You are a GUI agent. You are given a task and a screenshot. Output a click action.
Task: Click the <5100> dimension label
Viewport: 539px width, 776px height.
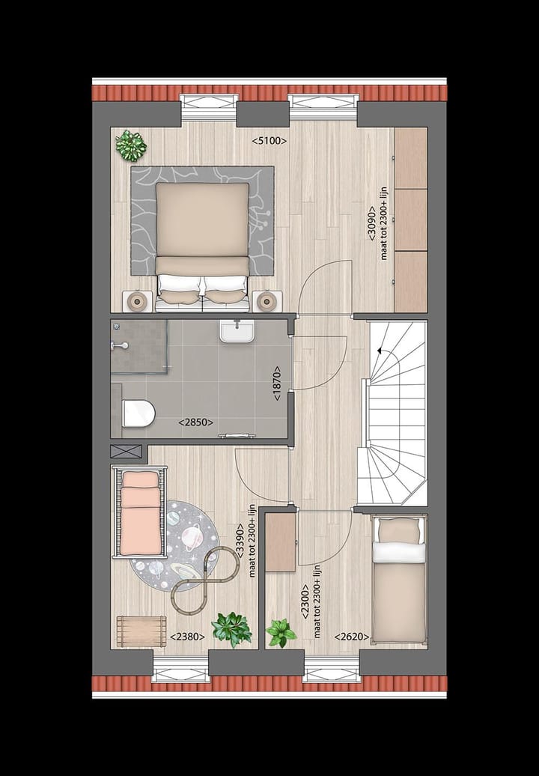(x=269, y=140)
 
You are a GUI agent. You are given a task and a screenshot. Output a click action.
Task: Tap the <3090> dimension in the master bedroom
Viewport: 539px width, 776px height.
(x=372, y=222)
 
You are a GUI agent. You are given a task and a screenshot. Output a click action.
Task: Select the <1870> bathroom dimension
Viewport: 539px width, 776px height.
(x=277, y=384)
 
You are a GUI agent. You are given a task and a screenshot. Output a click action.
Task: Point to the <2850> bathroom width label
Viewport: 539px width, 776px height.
(x=195, y=422)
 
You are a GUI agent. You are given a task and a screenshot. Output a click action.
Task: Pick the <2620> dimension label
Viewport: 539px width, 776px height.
(x=352, y=637)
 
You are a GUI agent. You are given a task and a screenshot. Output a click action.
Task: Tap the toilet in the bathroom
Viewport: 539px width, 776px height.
(x=138, y=413)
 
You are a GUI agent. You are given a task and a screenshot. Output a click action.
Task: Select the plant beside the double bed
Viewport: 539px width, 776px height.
(x=131, y=145)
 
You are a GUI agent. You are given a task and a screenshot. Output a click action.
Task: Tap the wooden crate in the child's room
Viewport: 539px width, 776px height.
(x=141, y=629)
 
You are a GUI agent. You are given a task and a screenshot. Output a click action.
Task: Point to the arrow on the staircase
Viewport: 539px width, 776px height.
(x=382, y=350)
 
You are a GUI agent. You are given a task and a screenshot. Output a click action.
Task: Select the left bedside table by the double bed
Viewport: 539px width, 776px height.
(x=137, y=302)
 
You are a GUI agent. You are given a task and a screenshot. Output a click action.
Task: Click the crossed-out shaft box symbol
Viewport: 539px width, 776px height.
(x=126, y=452)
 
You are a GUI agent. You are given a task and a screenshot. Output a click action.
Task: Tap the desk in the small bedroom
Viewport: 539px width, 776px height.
(x=281, y=542)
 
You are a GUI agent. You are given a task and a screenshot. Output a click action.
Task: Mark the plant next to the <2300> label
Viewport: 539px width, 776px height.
(x=281, y=632)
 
